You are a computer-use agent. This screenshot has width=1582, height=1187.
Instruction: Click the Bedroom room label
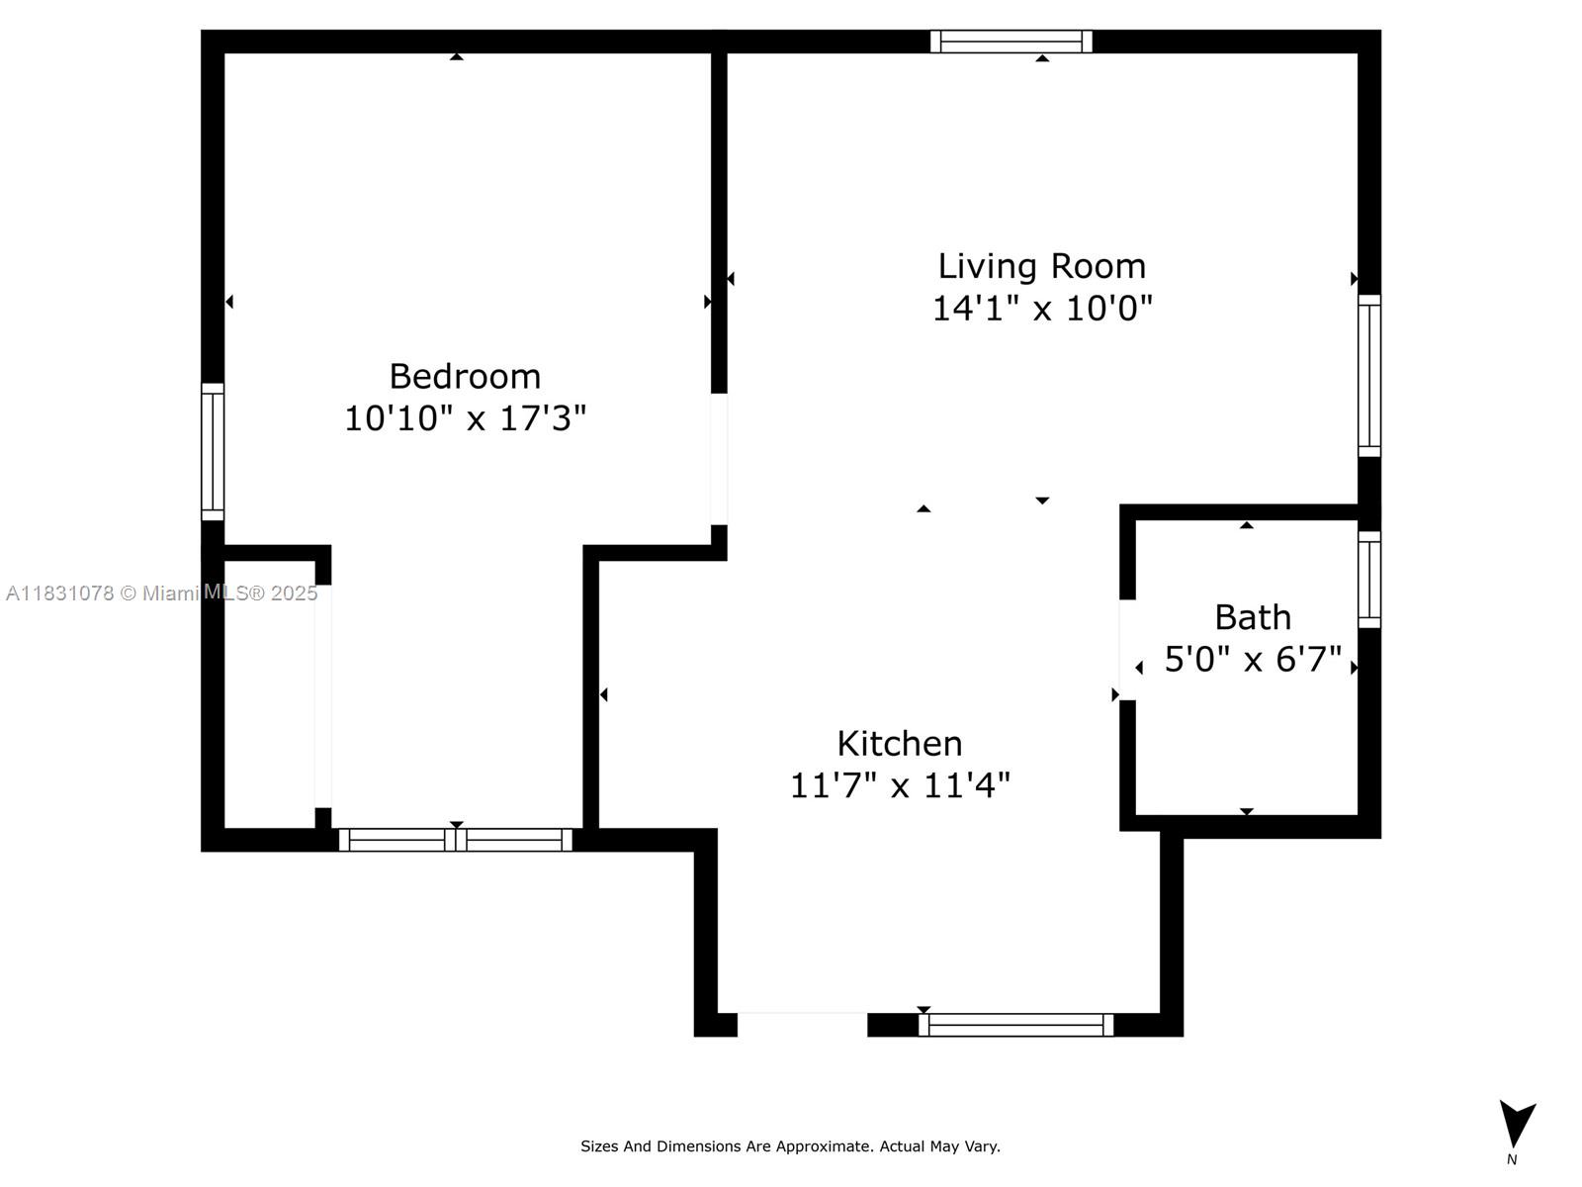(x=465, y=377)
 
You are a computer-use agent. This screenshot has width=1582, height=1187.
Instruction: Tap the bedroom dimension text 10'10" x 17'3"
(x=465, y=418)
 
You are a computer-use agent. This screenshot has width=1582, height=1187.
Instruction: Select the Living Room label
(x=1042, y=266)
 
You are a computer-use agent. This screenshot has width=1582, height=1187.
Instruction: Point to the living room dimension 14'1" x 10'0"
(x=1042, y=309)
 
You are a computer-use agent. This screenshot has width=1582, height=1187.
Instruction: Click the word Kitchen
(x=899, y=744)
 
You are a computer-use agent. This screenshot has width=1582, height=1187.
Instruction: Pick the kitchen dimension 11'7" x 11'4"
(x=899, y=786)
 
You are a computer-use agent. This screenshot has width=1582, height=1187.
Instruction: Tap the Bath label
(x=1253, y=617)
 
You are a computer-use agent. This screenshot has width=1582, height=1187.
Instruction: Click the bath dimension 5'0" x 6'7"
(x=1253, y=659)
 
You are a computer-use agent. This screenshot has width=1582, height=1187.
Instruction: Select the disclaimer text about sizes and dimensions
(x=790, y=1146)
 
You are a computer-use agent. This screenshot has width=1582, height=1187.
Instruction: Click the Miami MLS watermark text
(x=161, y=593)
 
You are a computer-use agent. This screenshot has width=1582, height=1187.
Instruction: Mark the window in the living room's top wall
(x=1011, y=42)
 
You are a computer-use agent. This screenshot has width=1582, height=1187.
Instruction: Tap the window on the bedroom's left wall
(x=213, y=452)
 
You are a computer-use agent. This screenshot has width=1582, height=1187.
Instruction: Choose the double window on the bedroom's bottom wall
(x=456, y=840)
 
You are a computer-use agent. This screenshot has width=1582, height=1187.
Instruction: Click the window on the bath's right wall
(x=1369, y=580)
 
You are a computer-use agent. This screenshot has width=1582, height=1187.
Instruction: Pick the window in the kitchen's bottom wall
(x=1015, y=1025)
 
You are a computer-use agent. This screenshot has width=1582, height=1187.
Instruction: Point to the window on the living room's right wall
(x=1369, y=376)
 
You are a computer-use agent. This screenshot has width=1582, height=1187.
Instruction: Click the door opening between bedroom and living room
(x=719, y=459)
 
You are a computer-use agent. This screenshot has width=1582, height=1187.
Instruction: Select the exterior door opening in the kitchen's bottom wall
(x=802, y=1024)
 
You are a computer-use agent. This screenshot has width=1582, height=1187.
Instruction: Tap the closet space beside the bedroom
(x=270, y=692)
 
